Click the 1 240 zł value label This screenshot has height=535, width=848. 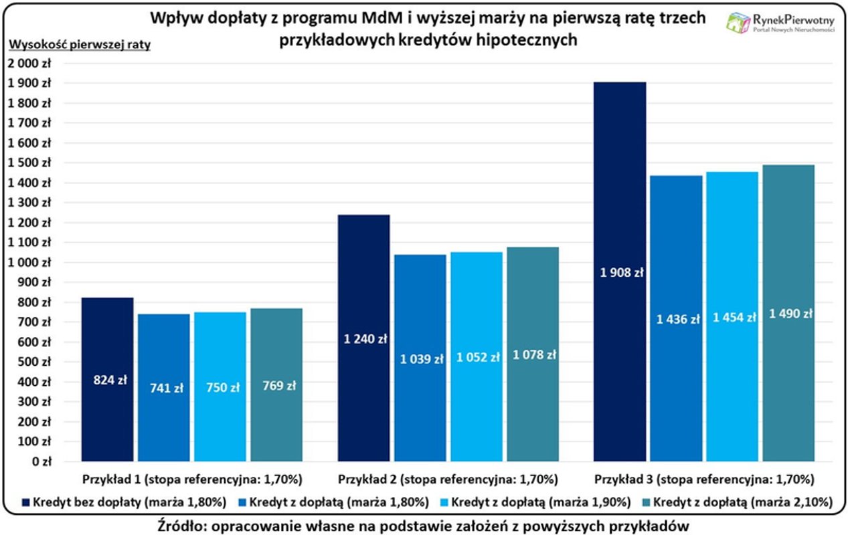(365, 339)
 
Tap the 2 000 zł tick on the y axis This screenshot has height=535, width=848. (29, 64)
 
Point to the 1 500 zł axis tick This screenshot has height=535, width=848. (29, 163)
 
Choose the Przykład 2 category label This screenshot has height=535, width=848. (448, 479)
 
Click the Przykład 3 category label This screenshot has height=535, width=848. (704, 479)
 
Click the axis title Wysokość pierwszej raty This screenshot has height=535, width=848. (79, 45)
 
